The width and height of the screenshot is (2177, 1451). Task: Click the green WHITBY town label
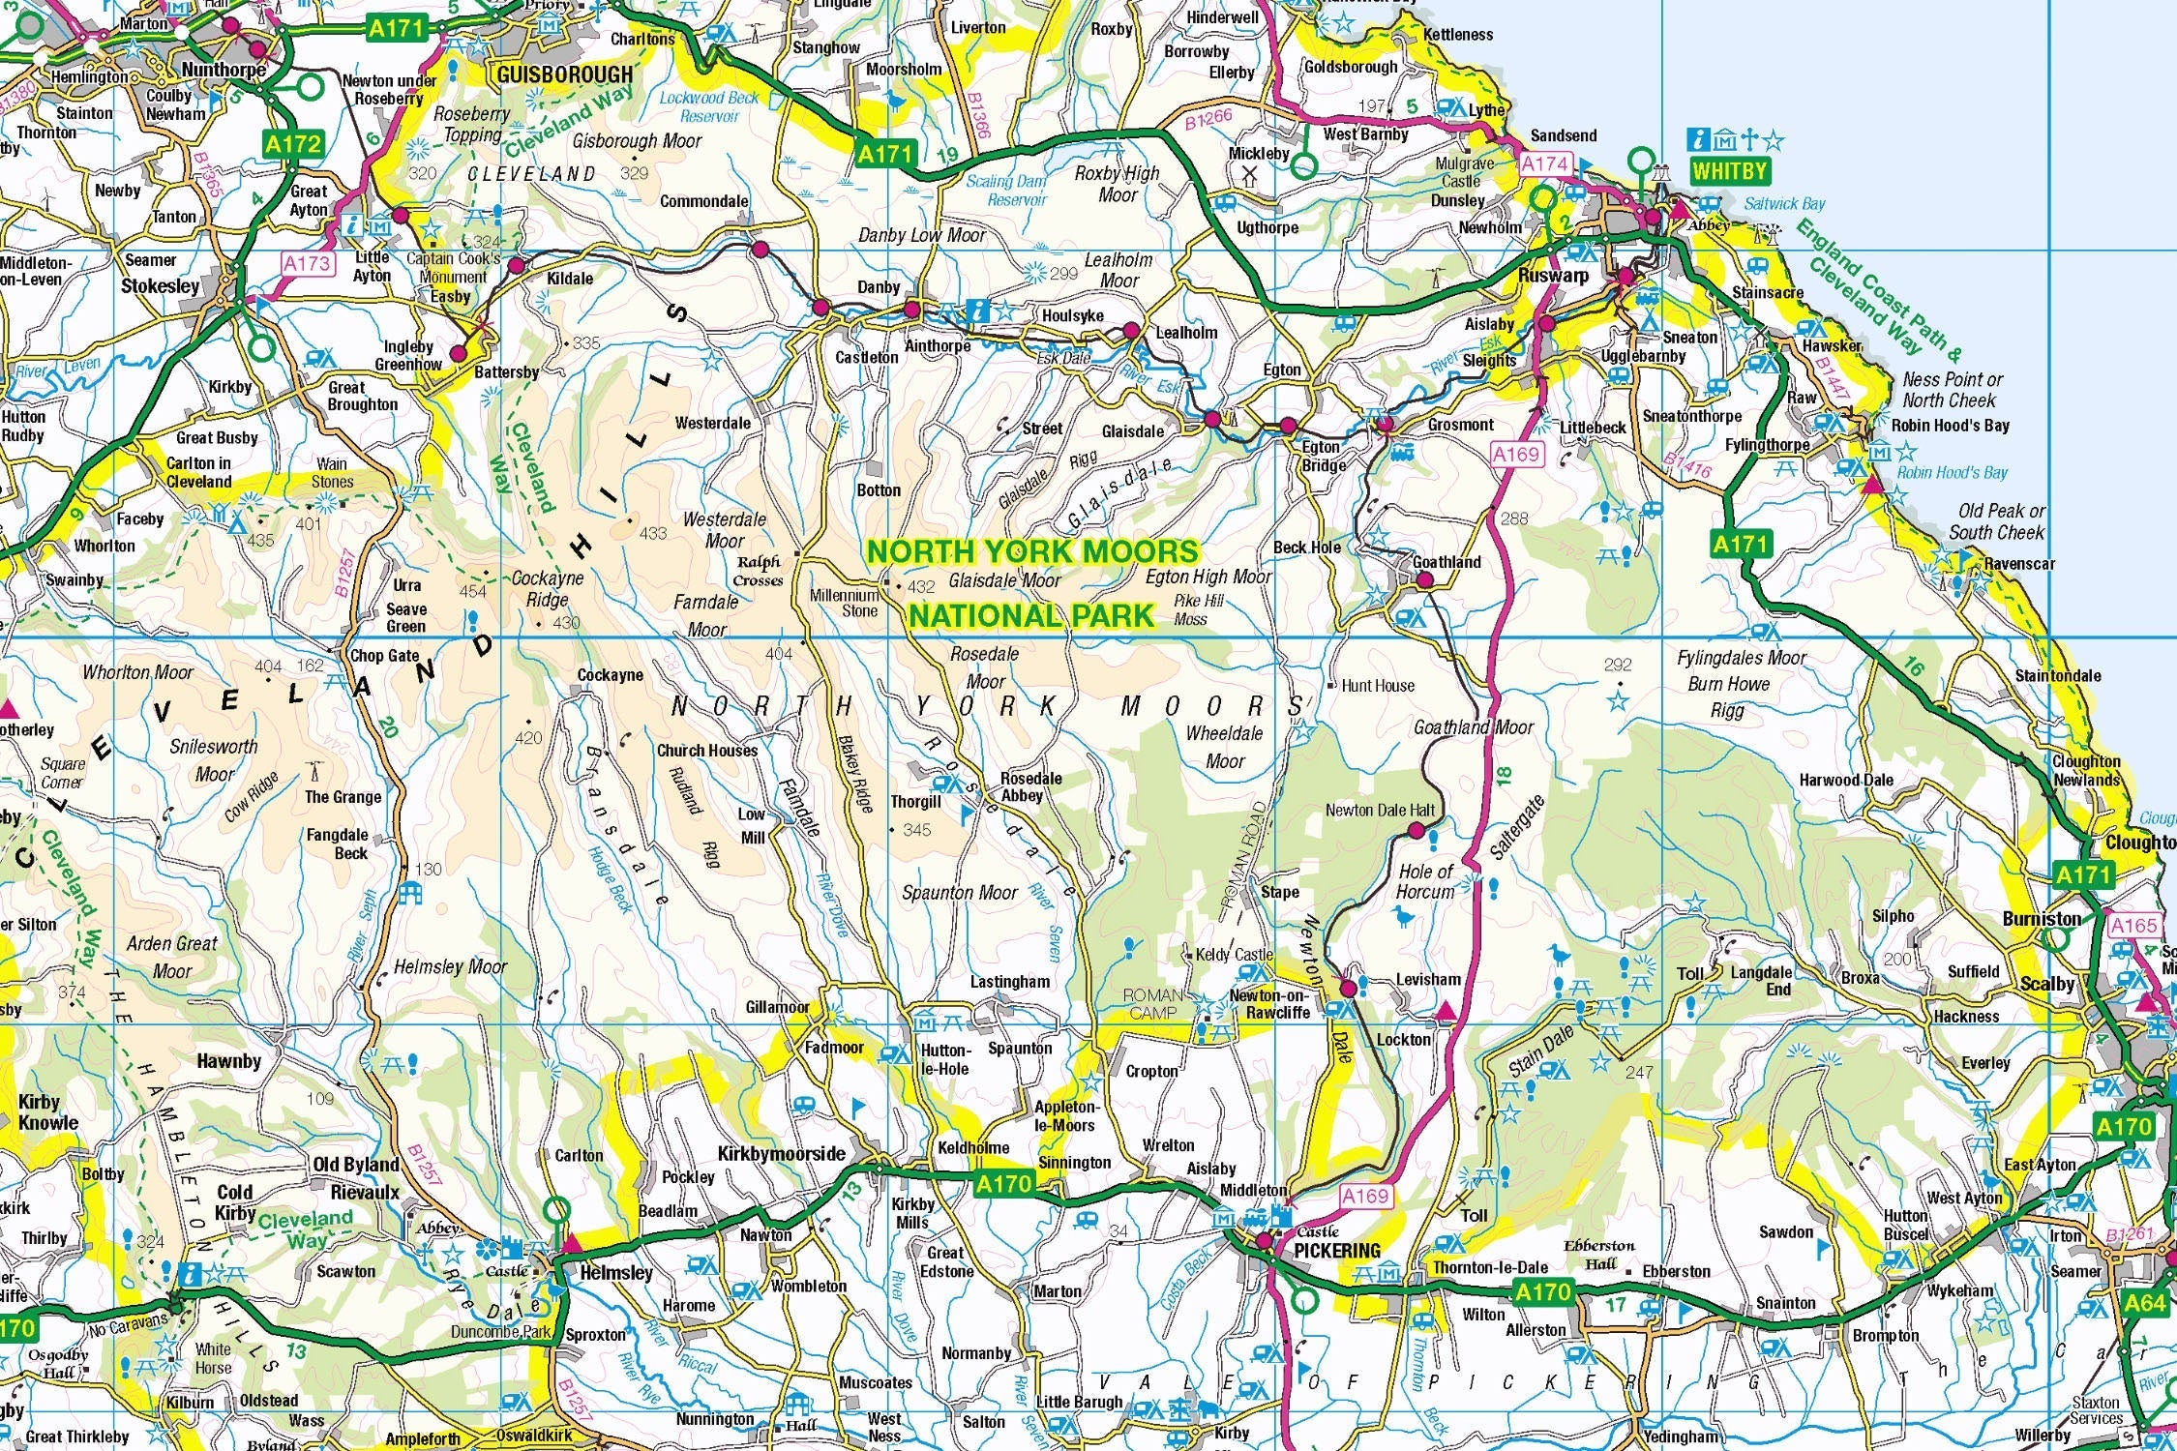point(1729,172)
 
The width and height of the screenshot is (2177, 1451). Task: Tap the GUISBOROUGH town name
point(564,74)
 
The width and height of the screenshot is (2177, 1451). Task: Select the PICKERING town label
point(1337,1251)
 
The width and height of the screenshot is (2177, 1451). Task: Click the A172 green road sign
point(293,145)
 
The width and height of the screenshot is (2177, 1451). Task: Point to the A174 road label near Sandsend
point(1544,163)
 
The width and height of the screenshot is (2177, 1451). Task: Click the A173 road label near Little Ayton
point(308,263)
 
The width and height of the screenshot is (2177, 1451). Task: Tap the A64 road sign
point(2144,1304)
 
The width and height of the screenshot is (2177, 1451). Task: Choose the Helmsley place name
point(615,1273)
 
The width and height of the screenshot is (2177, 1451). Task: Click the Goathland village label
point(1446,562)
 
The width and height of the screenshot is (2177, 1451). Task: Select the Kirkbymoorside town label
point(781,1154)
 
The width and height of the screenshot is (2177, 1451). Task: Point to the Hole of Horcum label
point(1425,881)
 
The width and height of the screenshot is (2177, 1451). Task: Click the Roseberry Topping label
point(471,124)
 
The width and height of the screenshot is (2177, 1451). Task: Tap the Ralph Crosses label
point(759,571)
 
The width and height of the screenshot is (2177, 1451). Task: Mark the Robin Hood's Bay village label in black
point(1950,426)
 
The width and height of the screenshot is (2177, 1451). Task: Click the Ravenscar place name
point(2019,564)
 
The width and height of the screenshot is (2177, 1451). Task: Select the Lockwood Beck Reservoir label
point(709,106)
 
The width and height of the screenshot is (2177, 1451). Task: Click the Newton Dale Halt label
point(1380,810)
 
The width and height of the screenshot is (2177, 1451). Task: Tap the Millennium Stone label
point(845,603)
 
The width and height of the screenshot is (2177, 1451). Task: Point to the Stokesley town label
point(160,286)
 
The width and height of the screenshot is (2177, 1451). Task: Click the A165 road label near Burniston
point(2133,926)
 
